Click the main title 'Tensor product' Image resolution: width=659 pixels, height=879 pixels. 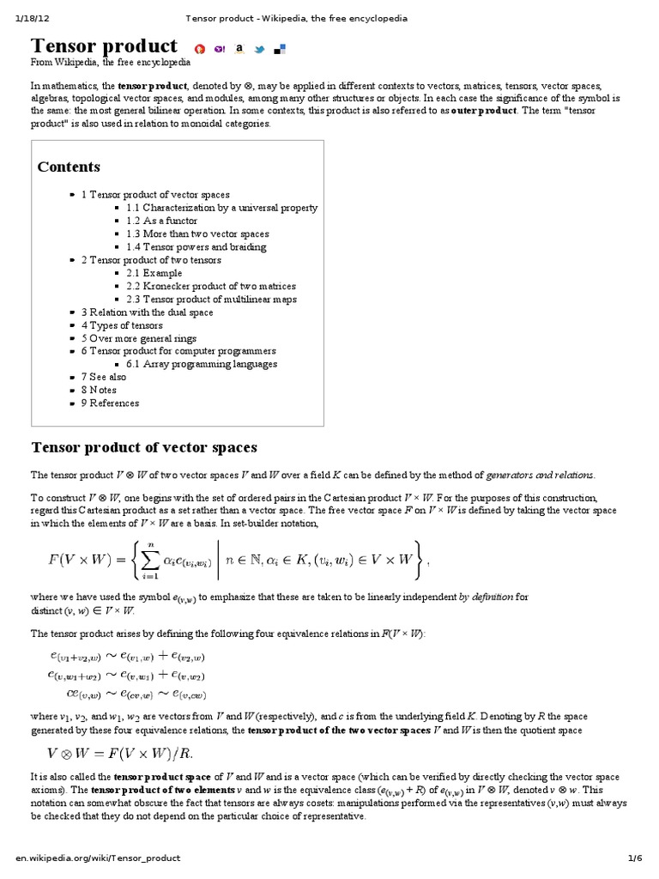click(104, 45)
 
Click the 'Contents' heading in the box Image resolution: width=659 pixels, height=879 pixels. click(69, 167)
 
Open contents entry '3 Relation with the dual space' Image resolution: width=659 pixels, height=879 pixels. click(147, 312)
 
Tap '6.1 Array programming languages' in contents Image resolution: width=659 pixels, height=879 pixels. click(201, 364)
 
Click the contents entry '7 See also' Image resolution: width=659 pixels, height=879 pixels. click(103, 377)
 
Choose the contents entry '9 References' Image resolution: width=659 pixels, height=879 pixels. click(110, 403)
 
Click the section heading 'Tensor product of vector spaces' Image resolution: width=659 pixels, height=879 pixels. click(144, 448)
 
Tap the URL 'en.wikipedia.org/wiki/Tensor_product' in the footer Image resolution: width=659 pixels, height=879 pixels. click(98, 858)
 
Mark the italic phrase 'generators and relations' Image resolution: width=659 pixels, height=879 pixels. click(539, 475)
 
